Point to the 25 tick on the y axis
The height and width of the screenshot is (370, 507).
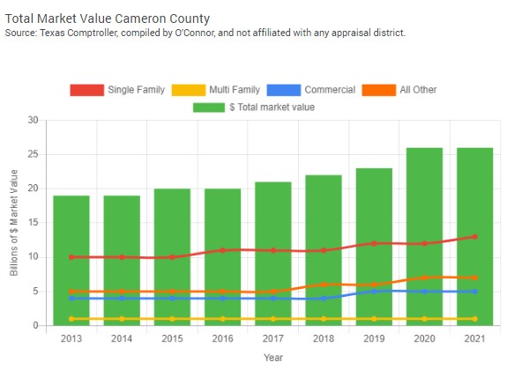[x=34, y=154]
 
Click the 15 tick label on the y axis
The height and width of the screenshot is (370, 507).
[x=34, y=223]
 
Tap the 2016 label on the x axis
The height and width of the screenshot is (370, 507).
[x=222, y=337]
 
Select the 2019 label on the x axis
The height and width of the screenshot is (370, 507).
[x=374, y=337]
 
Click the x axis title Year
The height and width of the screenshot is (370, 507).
[x=273, y=357]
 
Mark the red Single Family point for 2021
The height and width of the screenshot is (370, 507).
[x=475, y=236]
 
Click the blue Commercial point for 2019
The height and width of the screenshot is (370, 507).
[x=374, y=291]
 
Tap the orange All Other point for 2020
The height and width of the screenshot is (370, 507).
[x=425, y=277]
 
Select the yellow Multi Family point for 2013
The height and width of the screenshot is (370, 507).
[x=71, y=319]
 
